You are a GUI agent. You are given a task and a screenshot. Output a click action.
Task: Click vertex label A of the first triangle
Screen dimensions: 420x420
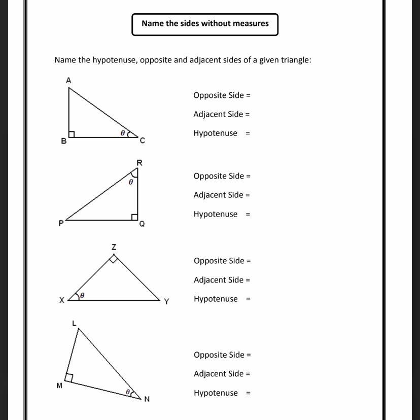pyautogui.click(x=68, y=80)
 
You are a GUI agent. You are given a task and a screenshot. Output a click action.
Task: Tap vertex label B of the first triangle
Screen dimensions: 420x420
pyautogui.click(x=63, y=142)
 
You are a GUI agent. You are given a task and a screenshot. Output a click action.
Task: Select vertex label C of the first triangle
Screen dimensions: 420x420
pyautogui.click(x=143, y=141)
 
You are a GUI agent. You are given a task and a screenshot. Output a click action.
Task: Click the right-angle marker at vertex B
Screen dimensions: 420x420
pyautogui.click(x=72, y=134)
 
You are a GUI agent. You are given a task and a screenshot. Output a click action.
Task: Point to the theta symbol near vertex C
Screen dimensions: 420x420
pyautogui.click(x=122, y=133)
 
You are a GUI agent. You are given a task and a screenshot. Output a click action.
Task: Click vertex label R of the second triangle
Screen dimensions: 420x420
pyautogui.click(x=139, y=163)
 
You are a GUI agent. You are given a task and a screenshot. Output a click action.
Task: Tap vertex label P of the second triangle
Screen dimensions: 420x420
pyautogui.click(x=61, y=223)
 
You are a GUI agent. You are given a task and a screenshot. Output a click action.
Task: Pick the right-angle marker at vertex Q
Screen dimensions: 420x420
pyautogui.click(x=134, y=217)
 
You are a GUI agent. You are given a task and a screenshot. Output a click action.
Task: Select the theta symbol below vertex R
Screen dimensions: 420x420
pyautogui.click(x=131, y=181)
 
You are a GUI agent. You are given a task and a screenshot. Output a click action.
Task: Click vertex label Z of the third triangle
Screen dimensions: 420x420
pyautogui.click(x=114, y=247)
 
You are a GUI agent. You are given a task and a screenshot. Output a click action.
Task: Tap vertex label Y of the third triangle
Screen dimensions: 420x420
pyautogui.click(x=166, y=302)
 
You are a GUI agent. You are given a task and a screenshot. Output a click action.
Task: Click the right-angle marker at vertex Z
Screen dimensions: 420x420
pyautogui.click(x=114, y=259)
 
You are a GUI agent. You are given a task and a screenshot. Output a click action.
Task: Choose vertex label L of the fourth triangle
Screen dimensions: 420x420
pyautogui.click(x=74, y=323)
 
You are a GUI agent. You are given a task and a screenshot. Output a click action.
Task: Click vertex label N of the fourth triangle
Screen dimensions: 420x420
pyautogui.click(x=147, y=399)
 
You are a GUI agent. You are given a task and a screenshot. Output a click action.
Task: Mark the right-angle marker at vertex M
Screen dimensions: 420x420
pyautogui.click(x=69, y=378)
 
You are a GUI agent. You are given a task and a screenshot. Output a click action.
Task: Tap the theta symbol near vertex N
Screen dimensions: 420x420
pyautogui.click(x=128, y=392)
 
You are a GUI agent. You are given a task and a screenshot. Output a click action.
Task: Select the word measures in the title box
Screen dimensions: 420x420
pyautogui.click(x=251, y=23)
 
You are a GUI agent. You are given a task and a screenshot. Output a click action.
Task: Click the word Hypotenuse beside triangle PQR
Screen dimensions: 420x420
pyautogui.click(x=215, y=214)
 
